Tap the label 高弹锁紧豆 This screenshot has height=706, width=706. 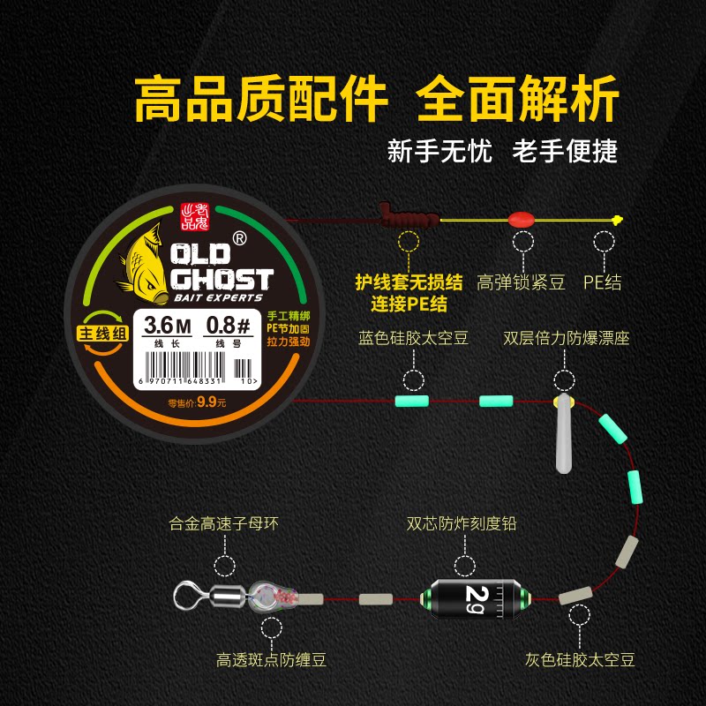[x=521, y=282]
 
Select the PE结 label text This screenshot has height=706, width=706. [x=604, y=282]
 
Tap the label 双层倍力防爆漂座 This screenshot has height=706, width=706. [x=566, y=338]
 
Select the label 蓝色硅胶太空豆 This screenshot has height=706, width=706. [x=413, y=338]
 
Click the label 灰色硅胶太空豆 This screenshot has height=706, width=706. [x=579, y=658]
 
